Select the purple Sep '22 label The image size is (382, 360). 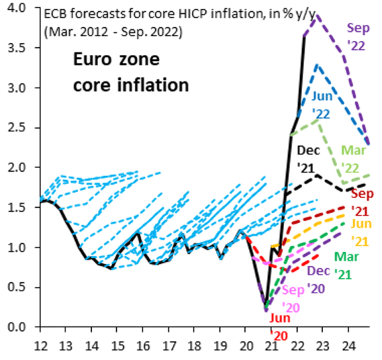(358, 36)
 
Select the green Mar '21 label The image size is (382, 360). (347, 265)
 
